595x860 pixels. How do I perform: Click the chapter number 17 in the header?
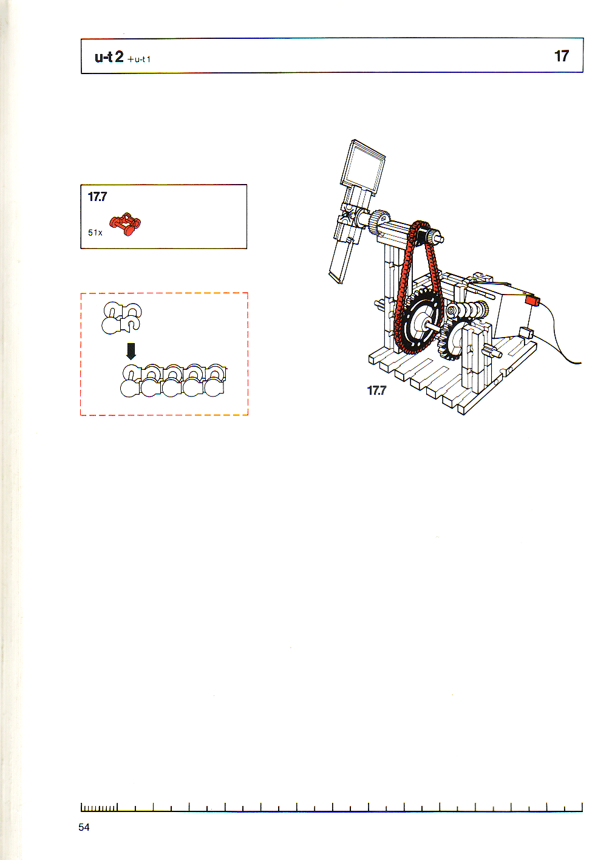point(561,56)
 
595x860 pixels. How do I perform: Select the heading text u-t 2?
point(109,57)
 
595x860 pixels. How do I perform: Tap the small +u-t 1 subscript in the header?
point(139,59)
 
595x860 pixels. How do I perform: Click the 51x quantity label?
point(95,232)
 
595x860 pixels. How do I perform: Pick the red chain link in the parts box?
point(125,224)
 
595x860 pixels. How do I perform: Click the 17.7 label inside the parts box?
point(97,197)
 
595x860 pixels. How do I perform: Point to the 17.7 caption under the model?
point(376,391)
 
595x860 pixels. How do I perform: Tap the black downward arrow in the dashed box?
point(131,351)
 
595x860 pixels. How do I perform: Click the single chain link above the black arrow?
point(121,318)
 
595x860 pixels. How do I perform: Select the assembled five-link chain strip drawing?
point(174,380)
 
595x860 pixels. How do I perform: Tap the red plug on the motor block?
point(532,300)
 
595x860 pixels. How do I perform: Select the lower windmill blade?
point(342,261)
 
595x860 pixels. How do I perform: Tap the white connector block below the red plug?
point(526,333)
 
